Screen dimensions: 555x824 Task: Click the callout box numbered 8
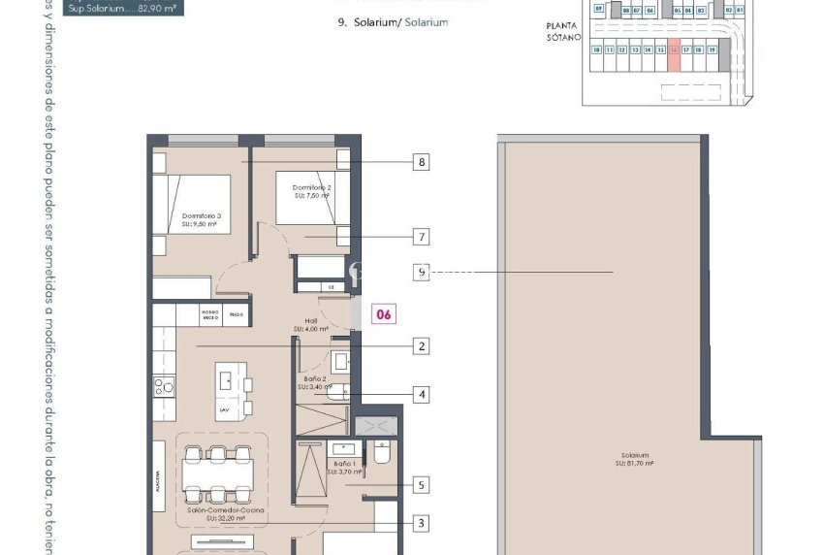tap(420, 162)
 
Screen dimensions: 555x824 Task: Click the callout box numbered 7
tap(420, 236)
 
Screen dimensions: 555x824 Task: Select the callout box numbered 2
tap(420, 345)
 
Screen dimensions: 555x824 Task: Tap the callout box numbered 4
tap(420, 394)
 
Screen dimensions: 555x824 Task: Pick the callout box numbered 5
tap(420, 484)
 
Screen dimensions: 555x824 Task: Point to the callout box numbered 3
tap(420, 523)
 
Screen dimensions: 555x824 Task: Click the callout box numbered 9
tap(420, 273)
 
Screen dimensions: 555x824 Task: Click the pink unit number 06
tap(384, 313)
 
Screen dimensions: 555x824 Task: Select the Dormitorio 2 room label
tap(314, 190)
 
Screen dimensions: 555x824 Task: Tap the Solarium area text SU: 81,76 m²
tap(635, 464)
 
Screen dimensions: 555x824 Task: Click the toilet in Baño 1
tap(382, 453)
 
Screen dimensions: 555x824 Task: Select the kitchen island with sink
tap(232, 388)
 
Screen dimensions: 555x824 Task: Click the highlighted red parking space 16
tap(673, 57)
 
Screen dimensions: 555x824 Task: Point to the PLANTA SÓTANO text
tap(562, 32)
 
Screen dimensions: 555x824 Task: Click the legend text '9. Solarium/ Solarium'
tap(394, 21)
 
